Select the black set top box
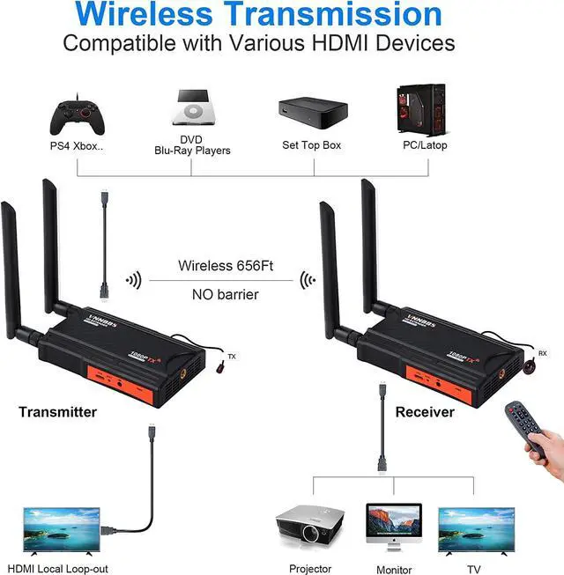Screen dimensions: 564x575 coord(311,110)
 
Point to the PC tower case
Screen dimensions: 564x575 coord(422,109)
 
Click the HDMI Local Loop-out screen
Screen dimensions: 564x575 coord(59,530)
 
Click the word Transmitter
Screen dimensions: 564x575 coord(58,411)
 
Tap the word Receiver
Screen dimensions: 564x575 coord(425,411)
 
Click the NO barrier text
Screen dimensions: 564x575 coord(225,294)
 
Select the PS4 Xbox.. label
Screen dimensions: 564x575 coord(76,145)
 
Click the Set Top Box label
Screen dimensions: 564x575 coord(311,144)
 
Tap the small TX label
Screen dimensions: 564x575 coord(232,357)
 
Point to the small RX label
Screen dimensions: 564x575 coord(543,352)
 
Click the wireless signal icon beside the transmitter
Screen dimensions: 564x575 coord(133,280)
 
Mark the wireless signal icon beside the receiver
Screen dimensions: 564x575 coord(308,280)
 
